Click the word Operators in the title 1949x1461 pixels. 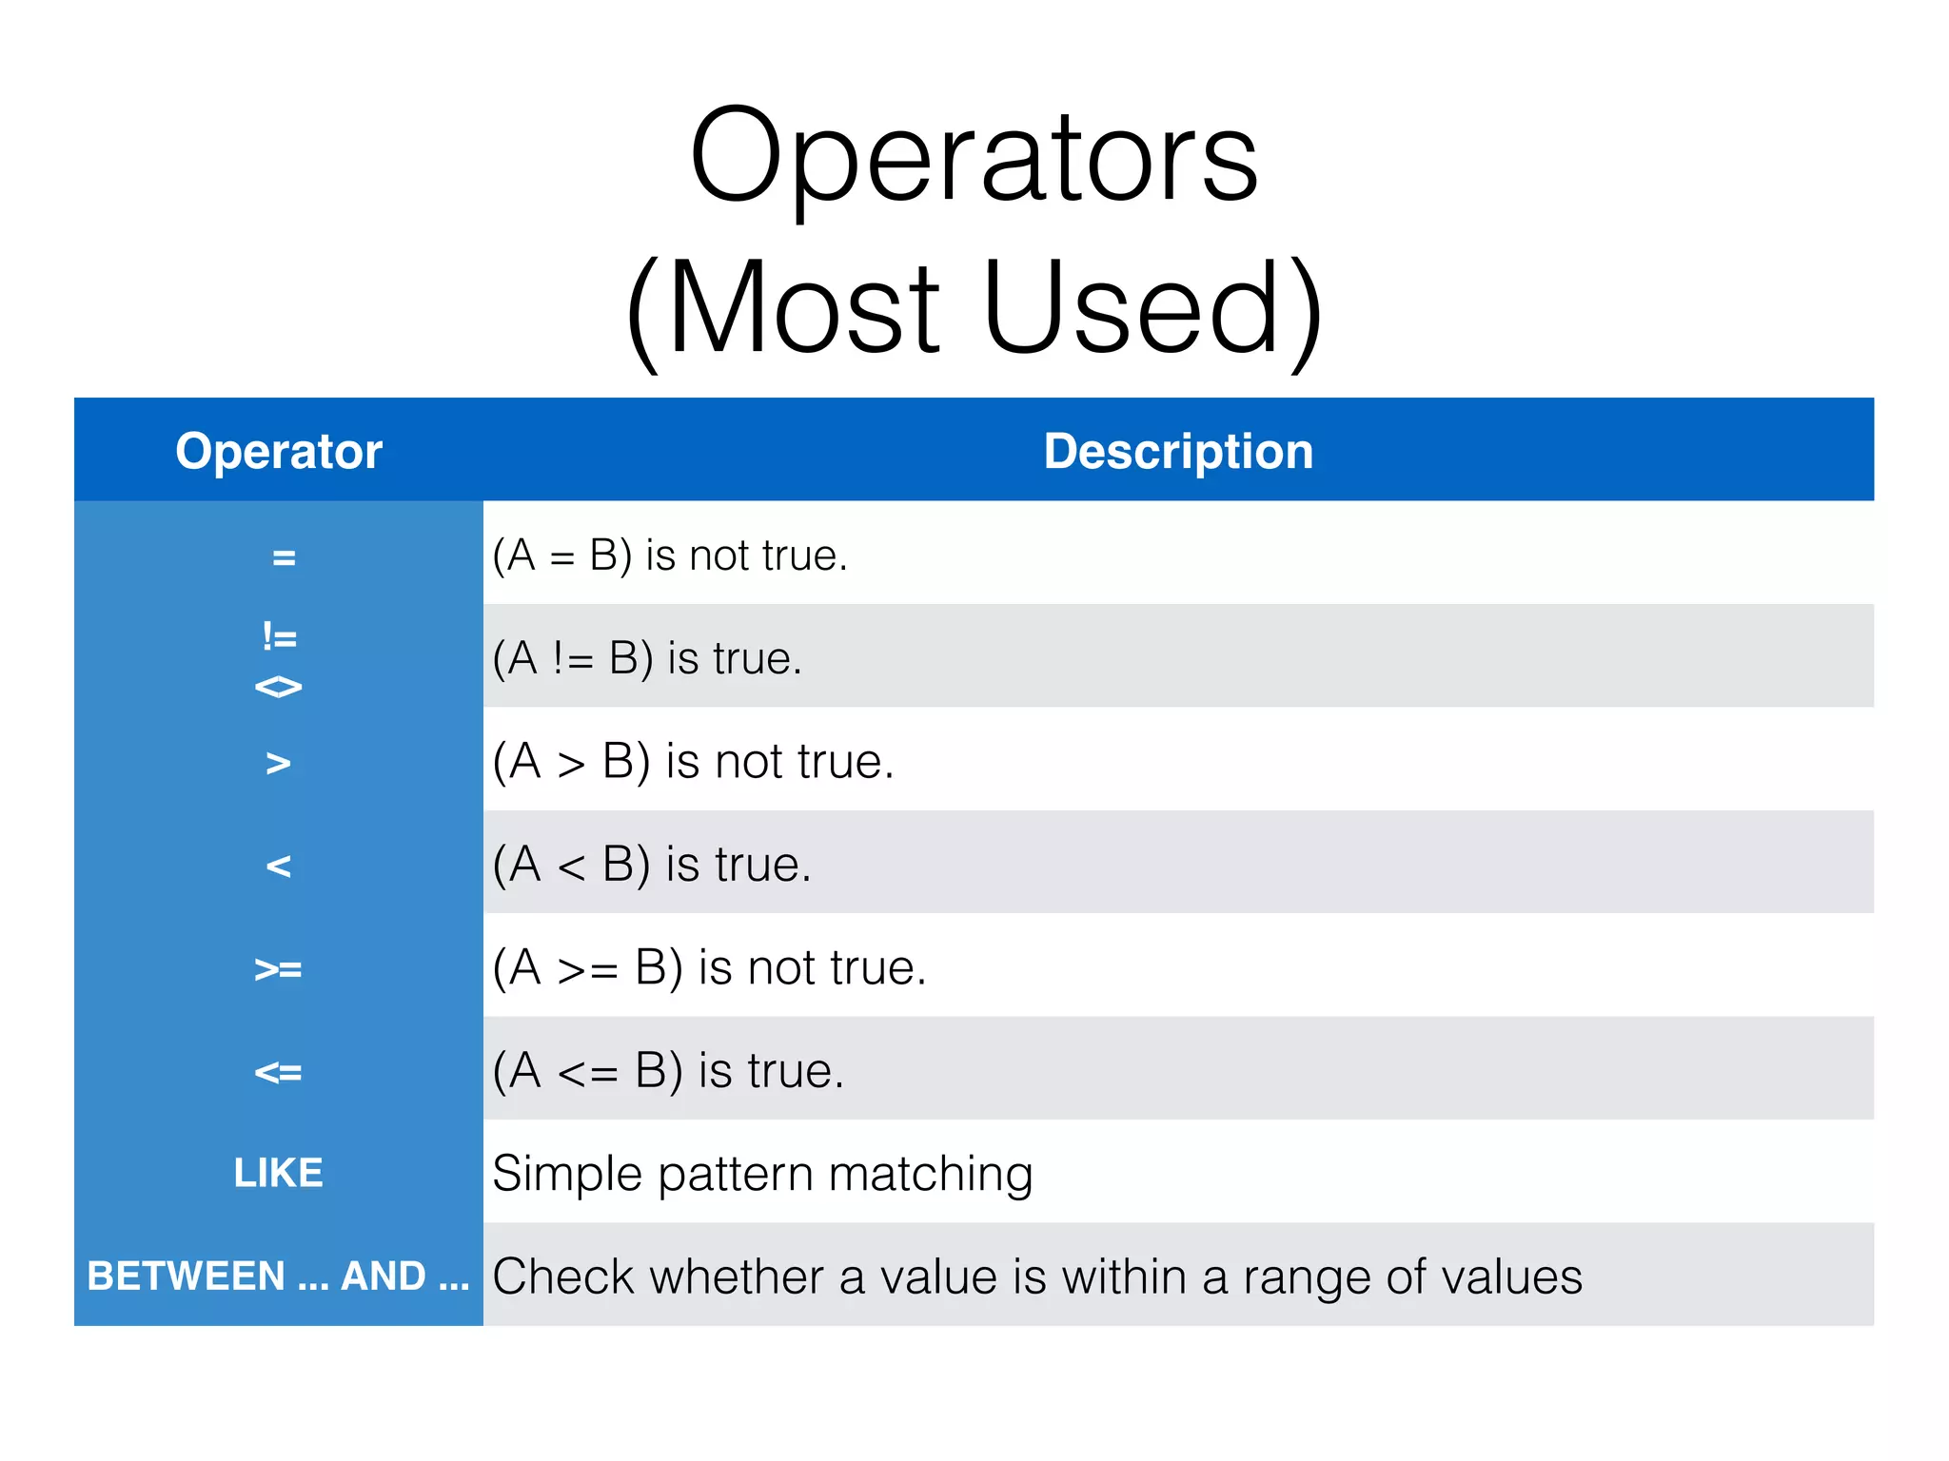(974, 157)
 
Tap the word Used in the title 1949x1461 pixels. (1132, 308)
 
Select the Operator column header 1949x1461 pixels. (278, 451)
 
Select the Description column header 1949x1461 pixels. (1178, 451)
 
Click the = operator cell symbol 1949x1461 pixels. (284, 557)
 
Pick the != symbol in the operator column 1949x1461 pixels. (280, 636)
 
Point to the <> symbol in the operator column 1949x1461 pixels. (279, 686)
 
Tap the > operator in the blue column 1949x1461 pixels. (278, 763)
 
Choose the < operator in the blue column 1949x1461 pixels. (278, 866)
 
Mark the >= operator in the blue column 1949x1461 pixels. (278, 969)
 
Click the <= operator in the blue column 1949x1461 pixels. (278, 1072)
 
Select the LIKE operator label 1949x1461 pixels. (278, 1173)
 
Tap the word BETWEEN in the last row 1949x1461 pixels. (187, 1276)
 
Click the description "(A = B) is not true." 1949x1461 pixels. (669, 555)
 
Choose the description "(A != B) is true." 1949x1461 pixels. (647, 658)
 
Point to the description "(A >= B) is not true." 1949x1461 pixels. (709, 968)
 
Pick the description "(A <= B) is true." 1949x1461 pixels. (668, 1071)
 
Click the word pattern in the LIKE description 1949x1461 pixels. (735, 1175)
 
